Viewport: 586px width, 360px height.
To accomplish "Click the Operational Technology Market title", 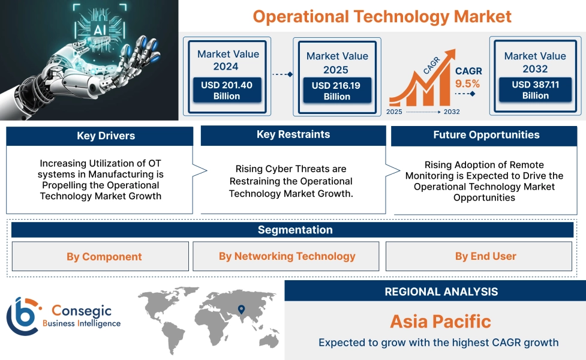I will coord(382,16).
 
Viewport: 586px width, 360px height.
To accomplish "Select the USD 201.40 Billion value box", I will coord(226,91).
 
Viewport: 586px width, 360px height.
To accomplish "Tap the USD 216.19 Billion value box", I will coord(336,91).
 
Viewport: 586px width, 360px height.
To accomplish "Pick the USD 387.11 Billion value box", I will coord(535,90).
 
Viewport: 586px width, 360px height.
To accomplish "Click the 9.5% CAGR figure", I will coord(468,83).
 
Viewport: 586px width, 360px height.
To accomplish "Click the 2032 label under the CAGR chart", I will coord(452,112).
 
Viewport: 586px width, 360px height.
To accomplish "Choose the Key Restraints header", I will coord(293,134).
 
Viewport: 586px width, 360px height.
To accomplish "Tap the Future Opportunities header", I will coord(486,135).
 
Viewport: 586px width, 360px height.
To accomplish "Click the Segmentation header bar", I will coord(294,230).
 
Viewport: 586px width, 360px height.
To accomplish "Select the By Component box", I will coord(100,257).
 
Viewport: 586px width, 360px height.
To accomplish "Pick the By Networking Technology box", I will coord(287,256).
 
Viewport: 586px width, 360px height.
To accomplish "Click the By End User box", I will coord(485,256).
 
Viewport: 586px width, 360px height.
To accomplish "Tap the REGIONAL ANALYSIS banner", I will coord(441,292).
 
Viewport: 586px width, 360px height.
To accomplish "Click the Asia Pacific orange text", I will coord(440,321).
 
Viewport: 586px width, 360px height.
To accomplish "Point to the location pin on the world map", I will coord(241,310).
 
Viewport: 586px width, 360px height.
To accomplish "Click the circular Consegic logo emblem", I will coord(22,316).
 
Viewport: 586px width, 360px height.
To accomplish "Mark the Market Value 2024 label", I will coord(228,60).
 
